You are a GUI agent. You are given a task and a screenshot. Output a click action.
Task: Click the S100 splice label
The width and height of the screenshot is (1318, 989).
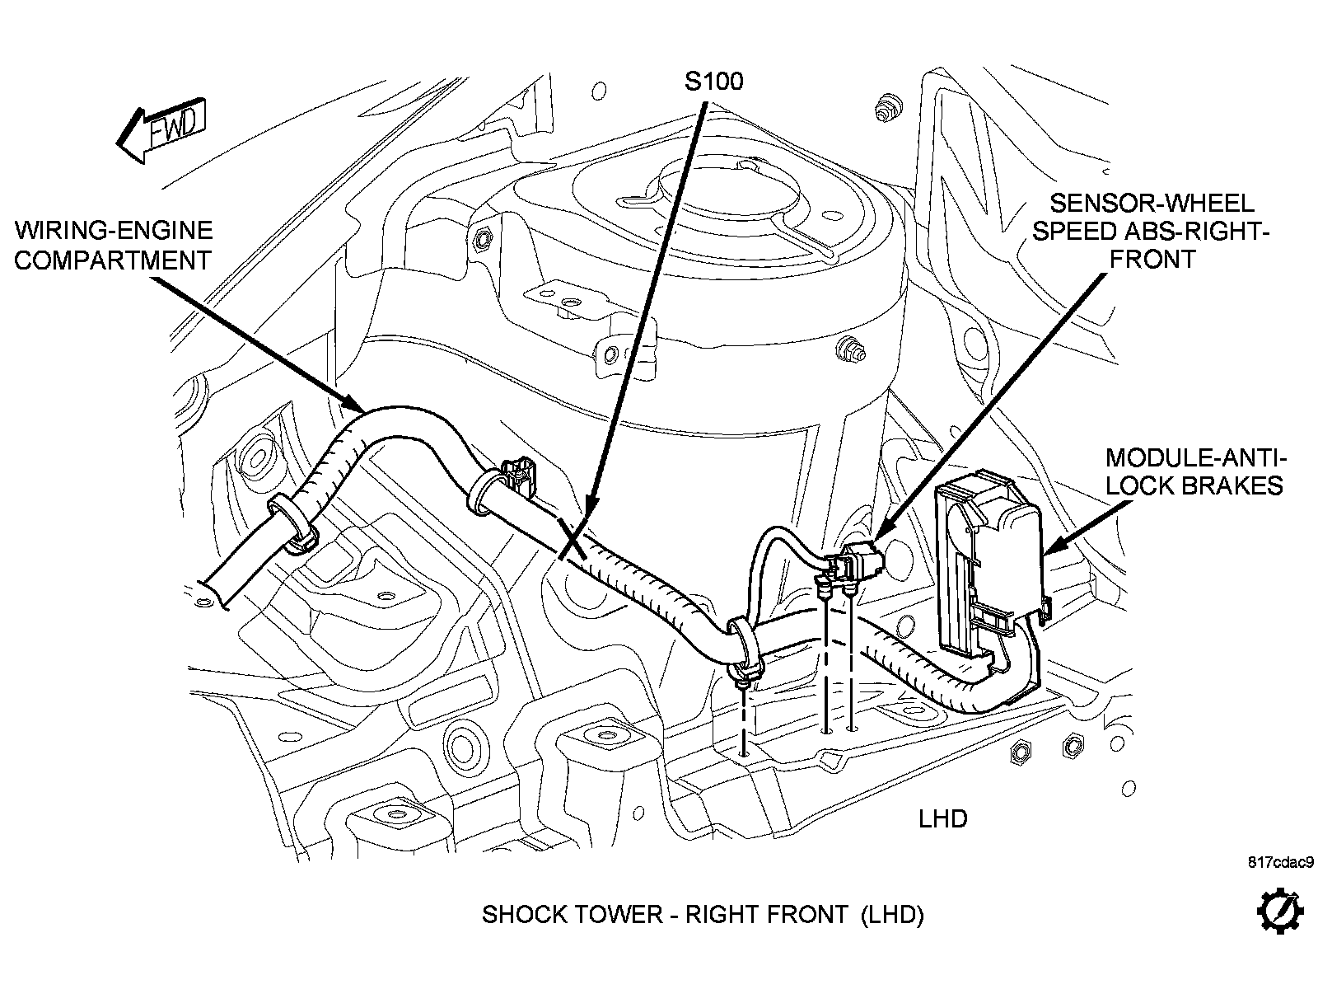[x=713, y=80]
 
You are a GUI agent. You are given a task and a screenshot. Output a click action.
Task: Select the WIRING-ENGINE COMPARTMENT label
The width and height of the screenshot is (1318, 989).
[x=114, y=245]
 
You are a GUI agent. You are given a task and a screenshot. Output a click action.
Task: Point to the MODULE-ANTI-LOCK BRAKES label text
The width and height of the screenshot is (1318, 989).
[x=1194, y=471]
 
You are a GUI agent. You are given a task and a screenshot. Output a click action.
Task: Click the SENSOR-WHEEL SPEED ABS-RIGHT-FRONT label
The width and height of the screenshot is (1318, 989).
[x=1152, y=231]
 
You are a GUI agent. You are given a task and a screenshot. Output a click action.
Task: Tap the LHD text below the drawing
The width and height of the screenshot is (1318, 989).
[x=942, y=819]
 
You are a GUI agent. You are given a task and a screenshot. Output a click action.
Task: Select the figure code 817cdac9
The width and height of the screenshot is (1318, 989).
[x=1279, y=863]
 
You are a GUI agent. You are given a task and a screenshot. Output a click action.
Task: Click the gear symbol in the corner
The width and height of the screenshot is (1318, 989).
[x=1279, y=912]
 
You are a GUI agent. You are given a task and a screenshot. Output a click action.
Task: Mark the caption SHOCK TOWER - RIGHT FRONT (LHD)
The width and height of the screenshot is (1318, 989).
[x=703, y=914]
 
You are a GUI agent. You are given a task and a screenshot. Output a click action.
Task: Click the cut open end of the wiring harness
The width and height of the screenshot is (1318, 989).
[x=216, y=587]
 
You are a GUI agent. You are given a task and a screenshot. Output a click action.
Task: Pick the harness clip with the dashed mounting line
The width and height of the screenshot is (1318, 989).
[x=743, y=651]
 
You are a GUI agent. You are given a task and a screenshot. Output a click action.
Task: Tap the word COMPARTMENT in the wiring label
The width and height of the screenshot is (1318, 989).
[x=114, y=260]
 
